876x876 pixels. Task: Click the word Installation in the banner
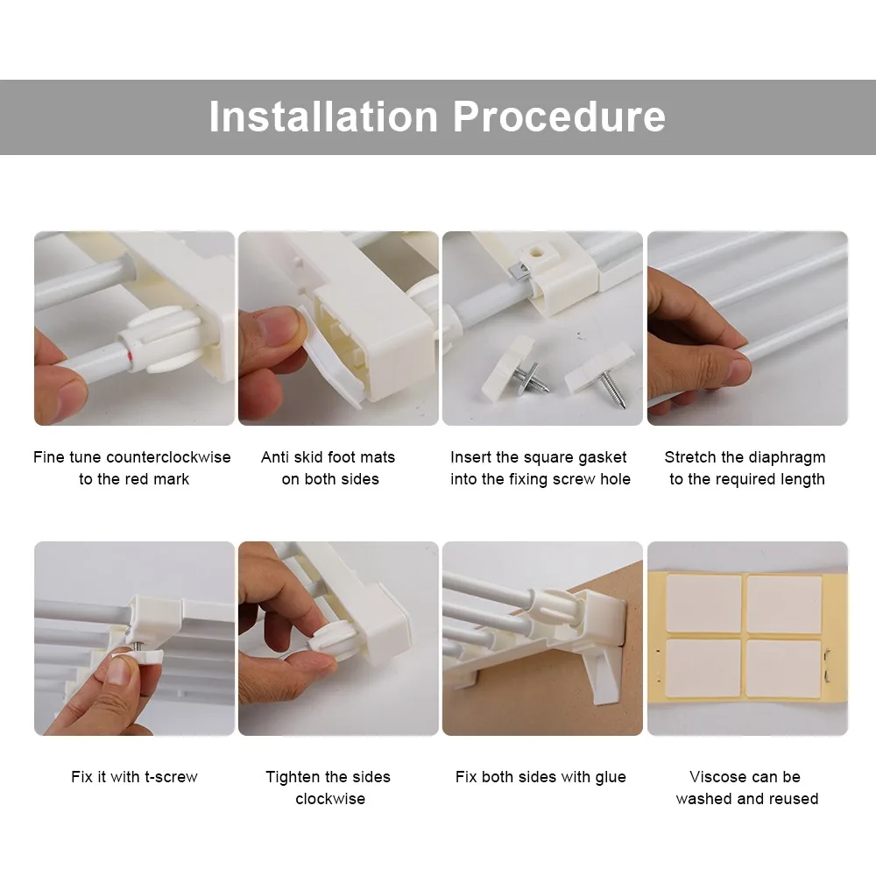click(x=323, y=117)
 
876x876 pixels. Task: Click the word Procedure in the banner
click(x=559, y=117)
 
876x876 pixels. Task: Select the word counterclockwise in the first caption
click(x=168, y=457)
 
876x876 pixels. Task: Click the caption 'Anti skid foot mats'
click(x=328, y=457)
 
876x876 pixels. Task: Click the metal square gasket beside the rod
click(x=518, y=272)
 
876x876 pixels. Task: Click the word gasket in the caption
click(x=603, y=458)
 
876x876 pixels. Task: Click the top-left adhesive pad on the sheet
click(x=704, y=603)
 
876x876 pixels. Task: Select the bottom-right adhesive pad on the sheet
click(x=784, y=668)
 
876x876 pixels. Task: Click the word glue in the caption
click(x=610, y=778)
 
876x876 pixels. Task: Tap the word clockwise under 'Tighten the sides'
click(x=330, y=799)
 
